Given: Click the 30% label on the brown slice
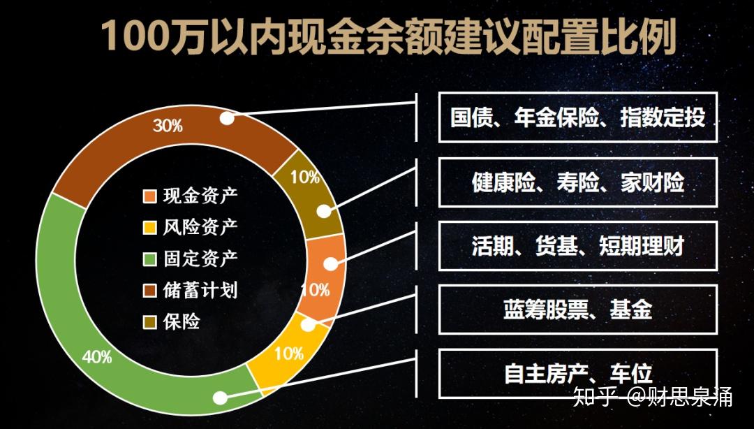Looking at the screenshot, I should (168, 126).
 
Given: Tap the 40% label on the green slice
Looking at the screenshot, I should (97, 356).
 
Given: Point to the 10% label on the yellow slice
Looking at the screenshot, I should (288, 354).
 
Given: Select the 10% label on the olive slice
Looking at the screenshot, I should (305, 177).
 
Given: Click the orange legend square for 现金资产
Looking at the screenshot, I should (149, 196).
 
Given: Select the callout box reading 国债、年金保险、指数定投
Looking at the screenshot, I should (577, 117).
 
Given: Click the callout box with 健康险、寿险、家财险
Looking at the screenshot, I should (577, 182).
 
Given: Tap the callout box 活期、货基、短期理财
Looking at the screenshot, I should (577, 246).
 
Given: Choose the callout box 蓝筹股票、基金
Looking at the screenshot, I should (577, 310).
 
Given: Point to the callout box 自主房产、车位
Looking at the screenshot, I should (577, 373).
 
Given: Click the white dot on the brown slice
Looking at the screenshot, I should (227, 118).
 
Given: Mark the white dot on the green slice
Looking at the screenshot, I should (220, 398).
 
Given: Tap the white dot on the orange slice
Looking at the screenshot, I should (332, 264).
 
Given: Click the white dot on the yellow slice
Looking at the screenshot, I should (308, 323).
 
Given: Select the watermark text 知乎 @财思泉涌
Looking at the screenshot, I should (652, 397).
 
